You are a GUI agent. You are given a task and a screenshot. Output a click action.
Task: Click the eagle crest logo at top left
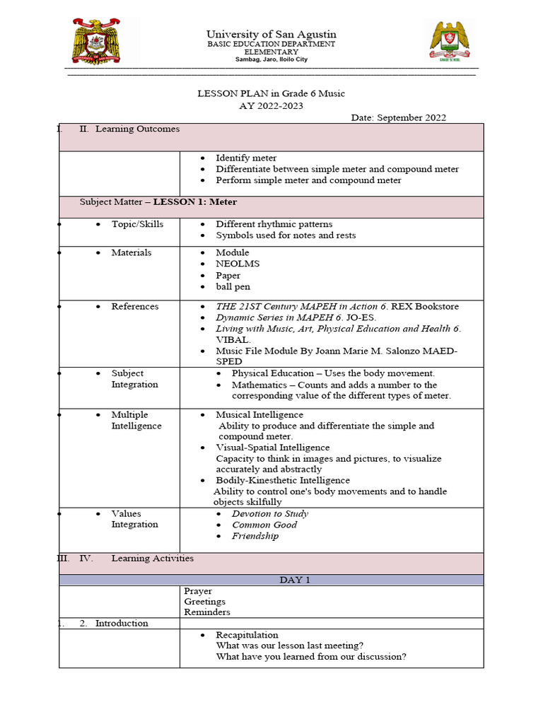point(104,42)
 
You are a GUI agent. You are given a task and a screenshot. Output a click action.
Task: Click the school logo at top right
point(448,42)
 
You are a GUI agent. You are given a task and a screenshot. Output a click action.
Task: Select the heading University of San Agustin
point(271,34)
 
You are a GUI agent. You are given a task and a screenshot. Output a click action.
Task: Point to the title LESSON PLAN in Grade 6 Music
point(271,93)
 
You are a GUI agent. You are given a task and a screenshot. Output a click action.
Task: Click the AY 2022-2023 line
point(271,105)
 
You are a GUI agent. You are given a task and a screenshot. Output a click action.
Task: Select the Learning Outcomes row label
point(137,129)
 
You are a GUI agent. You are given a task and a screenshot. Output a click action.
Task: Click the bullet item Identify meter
point(246,158)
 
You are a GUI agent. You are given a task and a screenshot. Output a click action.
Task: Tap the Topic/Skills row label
point(137,224)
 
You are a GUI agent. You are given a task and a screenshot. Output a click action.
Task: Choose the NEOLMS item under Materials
point(238,264)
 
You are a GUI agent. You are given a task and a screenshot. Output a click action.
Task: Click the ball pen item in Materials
point(233,286)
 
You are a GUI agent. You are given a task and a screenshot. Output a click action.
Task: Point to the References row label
point(135,306)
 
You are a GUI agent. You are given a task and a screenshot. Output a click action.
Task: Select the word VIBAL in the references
point(233,339)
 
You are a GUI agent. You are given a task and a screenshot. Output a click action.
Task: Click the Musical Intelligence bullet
point(259,415)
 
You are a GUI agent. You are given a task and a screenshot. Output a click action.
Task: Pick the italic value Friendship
point(255,536)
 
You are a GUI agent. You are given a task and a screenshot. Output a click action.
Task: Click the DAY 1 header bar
point(271,580)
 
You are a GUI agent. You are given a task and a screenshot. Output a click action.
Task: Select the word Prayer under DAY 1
point(198,591)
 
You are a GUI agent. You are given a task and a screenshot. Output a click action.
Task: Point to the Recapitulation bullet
point(247,635)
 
